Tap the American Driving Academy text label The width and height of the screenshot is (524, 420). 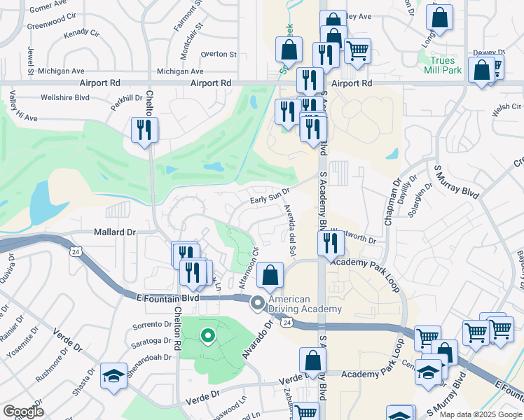click(x=304, y=304)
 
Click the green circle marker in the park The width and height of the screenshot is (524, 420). click(x=207, y=336)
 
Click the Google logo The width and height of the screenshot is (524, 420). click(x=23, y=412)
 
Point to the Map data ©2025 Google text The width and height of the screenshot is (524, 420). click(x=481, y=414)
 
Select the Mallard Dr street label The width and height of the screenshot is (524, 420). click(x=113, y=232)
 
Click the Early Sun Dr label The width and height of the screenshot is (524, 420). click(x=270, y=199)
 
